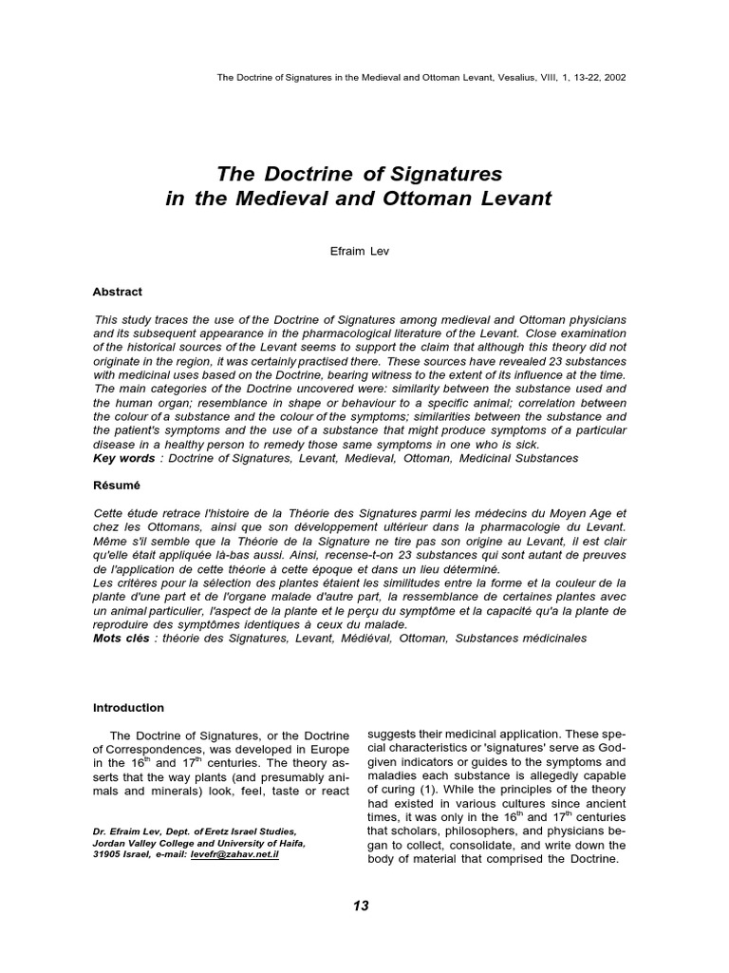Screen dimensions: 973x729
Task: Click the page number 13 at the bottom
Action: tap(360, 906)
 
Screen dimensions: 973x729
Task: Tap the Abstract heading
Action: tap(118, 292)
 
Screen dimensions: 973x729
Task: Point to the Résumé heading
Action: tap(116, 484)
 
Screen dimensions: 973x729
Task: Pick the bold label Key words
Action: tap(124, 458)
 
